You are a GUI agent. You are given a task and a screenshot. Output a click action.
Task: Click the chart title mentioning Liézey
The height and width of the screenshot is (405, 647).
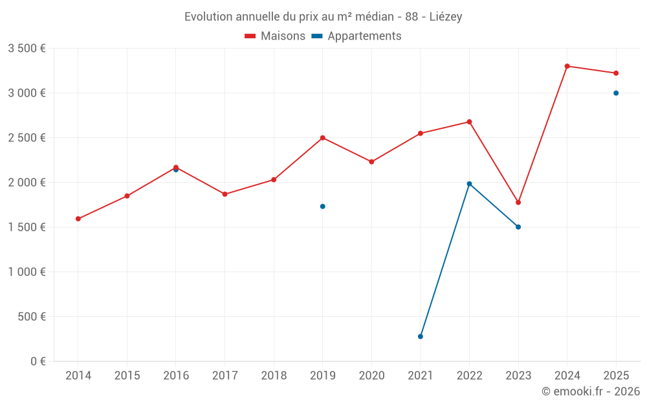(x=323, y=17)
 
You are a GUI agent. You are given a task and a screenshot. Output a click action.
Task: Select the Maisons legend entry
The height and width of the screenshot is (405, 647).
(x=275, y=36)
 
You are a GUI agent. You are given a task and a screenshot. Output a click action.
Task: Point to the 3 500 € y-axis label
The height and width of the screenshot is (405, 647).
(x=27, y=49)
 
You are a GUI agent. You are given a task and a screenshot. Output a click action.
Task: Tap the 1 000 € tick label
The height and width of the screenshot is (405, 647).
(x=27, y=272)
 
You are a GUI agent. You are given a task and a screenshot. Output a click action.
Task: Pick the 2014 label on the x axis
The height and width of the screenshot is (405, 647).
(x=78, y=376)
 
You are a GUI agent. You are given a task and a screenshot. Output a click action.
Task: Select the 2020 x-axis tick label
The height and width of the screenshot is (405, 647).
(x=371, y=376)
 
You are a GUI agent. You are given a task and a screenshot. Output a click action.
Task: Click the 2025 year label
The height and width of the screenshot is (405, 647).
(x=616, y=376)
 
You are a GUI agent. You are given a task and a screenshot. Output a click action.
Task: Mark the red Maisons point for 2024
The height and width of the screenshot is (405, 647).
(x=567, y=66)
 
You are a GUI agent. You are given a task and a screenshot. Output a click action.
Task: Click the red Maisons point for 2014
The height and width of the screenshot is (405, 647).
(x=78, y=219)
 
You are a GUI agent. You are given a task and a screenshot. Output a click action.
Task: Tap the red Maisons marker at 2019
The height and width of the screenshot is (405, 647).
(x=323, y=138)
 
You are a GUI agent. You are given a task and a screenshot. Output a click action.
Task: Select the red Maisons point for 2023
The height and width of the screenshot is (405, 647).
(x=518, y=202)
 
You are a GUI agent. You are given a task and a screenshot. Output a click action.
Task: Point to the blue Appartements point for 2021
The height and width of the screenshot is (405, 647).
(x=421, y=336)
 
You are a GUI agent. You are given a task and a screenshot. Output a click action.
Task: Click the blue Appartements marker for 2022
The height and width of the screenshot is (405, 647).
(x=470, y=184)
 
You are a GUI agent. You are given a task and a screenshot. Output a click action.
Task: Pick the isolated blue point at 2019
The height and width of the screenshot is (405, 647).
(x=323, y=207)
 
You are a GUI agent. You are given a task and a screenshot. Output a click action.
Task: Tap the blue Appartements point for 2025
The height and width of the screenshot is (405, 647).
(x=616, y=93)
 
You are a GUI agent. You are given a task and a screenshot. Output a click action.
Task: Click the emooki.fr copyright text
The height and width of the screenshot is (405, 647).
(x=591, y=391)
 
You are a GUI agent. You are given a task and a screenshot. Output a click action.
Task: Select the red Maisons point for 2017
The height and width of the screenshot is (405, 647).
(x=225, y=194)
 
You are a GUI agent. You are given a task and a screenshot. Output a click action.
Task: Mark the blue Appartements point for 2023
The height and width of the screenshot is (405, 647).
(x=518, y=227)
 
